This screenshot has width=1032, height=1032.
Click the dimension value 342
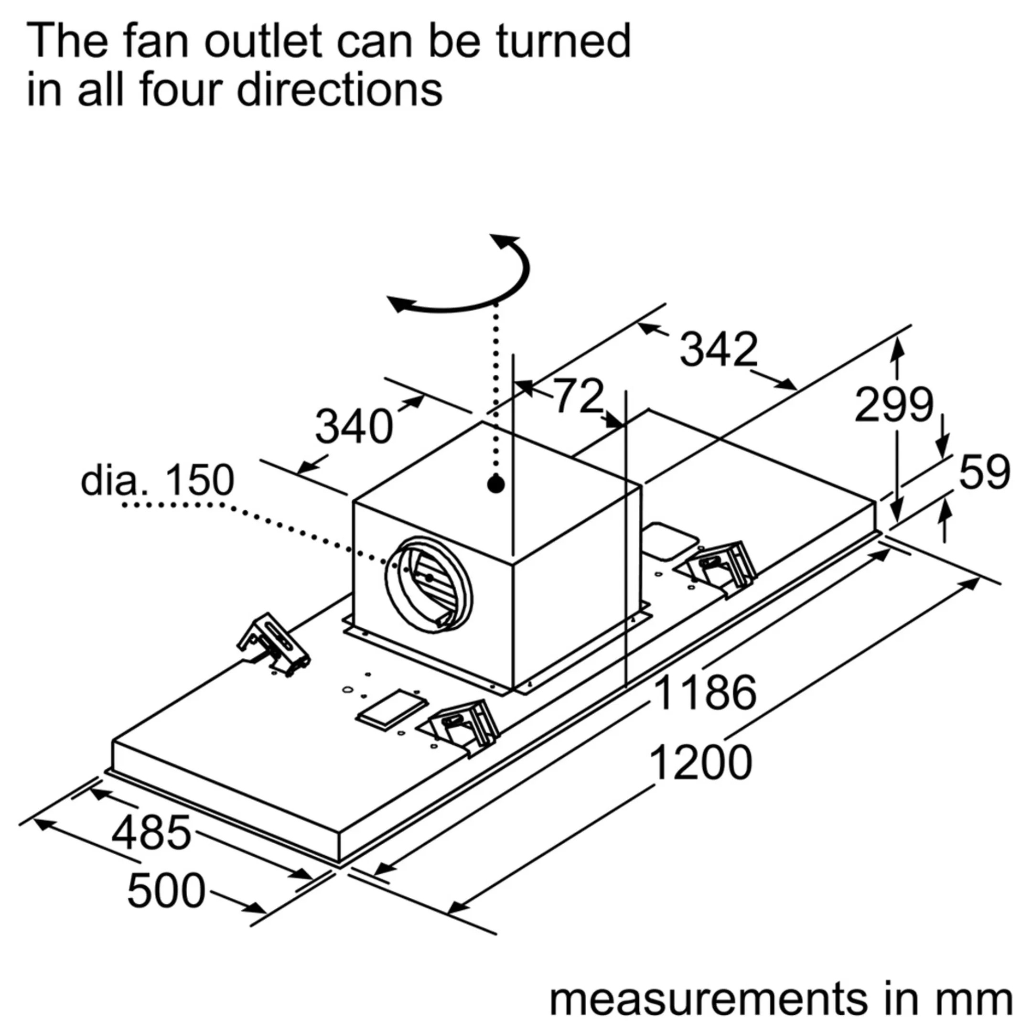coord(718,349)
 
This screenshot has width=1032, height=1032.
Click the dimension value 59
coord(984,472)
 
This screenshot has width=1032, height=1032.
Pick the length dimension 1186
coord(705,693)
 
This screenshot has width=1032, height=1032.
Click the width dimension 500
coord(166,891)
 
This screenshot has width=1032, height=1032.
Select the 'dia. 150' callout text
coord(157,480)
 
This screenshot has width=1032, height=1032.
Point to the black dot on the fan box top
coord(496,484)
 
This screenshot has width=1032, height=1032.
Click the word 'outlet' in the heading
coord(263,42)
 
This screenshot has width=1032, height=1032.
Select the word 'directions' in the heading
coord(340,90)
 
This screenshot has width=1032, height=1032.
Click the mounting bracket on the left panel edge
coord(273,644)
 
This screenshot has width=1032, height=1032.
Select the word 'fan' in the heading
coord(156,42)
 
